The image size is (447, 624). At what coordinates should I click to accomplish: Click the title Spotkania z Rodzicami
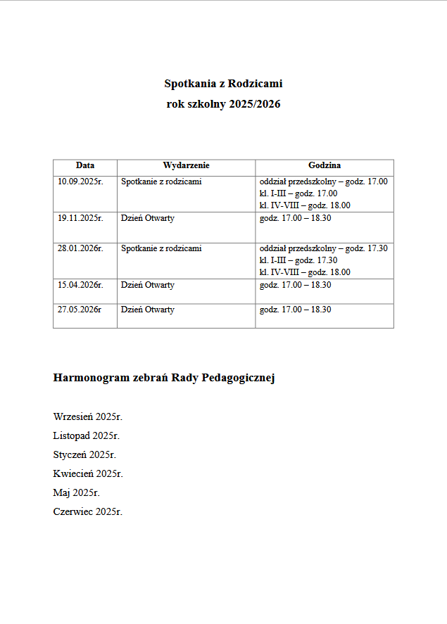click(223, 84)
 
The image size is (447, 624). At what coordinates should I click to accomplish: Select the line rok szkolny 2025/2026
click(223, 104)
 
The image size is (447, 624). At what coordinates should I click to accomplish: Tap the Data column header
click(85, 166)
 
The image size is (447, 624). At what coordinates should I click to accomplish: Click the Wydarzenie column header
click(186, 166)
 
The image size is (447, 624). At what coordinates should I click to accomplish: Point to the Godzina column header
click(324, 166)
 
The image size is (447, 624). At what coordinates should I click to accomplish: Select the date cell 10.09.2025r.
click(80, 182)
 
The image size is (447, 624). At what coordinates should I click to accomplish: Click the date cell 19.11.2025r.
click(80, 218)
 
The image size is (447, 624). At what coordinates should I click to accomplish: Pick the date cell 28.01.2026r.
click(80, 248)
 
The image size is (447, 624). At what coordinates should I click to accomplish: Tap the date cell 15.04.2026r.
click(80, 285)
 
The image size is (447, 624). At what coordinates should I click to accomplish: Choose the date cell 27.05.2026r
click(80, 310)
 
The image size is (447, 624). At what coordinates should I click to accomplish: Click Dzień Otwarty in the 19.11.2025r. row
click(148, 218)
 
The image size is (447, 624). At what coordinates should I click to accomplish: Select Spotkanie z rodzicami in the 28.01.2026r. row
click(161, 248)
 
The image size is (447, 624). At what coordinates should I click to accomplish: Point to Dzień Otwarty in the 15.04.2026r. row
click(148, 285)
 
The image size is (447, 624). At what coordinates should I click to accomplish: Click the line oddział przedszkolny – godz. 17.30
click(323, 248)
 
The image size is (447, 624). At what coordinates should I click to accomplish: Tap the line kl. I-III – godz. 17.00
click(298, 193)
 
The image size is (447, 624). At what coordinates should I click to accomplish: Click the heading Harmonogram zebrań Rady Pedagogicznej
click(163, 378)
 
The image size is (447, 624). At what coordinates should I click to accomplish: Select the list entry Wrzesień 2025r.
click(88, 417)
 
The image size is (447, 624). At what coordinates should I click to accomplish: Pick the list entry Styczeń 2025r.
click(84, 455)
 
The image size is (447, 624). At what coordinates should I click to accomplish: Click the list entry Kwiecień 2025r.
click(88, 473)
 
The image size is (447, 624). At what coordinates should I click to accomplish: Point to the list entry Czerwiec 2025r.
click(88, 511)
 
